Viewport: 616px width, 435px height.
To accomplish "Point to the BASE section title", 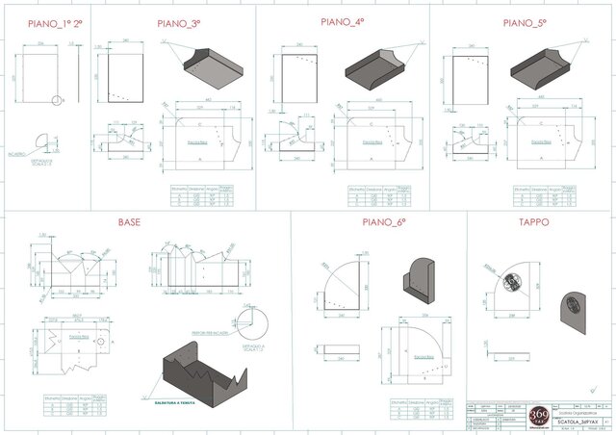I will [x=129, y=222].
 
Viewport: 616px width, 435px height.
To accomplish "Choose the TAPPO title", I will [x=532, y=222].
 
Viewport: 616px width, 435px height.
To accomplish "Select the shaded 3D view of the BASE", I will [x=207, y=370].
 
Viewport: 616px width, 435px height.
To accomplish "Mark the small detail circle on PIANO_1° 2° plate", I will [x=60, y=98].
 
